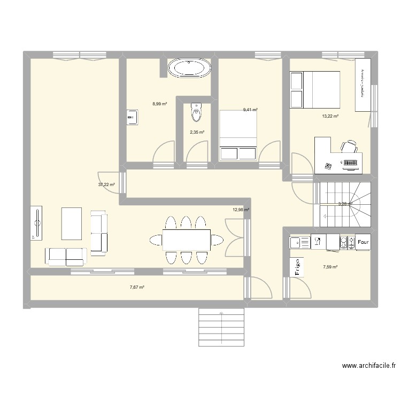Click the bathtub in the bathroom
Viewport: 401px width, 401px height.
tap(189, 68)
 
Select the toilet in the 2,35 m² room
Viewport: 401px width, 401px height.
tap(196, 112)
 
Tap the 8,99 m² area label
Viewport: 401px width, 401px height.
tap(159, 104)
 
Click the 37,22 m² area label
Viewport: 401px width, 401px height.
tap(106, 184)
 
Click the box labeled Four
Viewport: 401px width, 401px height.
tap(363, 242)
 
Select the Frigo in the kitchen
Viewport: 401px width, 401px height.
tap(297, 266)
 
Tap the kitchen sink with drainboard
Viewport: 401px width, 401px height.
tap(300, 243)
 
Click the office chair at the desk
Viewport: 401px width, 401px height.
tap(349, 146)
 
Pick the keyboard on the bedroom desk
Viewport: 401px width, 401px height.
tap(350, 163)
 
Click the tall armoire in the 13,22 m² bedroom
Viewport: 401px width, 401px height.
tap(363, 84)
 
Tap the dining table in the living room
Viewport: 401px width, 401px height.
tap(186, 240)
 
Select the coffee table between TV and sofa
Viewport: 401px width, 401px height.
tap(72, 223)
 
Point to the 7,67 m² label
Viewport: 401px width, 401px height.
tap(137, 287)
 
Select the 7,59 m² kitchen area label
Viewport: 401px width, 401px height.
tap(330, 267)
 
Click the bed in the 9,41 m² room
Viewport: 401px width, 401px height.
tap(238, 135)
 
